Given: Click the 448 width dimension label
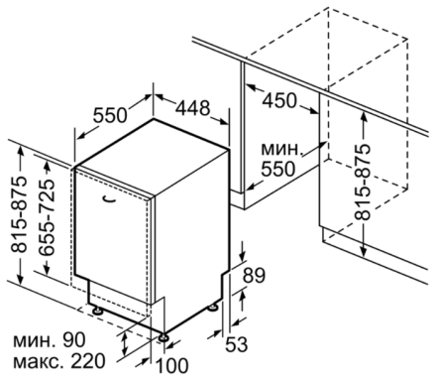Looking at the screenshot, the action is [192, 108].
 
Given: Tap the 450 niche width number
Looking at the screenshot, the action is [279, 100].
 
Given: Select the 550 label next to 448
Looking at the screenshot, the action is [110, 115].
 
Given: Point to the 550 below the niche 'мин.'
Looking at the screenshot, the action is [277, 170].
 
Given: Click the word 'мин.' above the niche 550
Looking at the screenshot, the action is [281, 150].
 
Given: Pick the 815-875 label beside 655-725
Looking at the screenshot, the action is [19, 214].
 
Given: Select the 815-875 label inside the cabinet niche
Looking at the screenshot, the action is [363, 183].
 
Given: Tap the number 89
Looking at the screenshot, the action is [254, 276].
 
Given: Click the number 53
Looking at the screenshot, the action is [237, 344].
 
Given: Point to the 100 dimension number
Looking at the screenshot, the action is [171, 366].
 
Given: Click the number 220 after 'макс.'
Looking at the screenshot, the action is [88, 362].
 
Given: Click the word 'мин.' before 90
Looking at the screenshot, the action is [34, 341].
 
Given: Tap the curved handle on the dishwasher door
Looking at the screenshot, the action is [109, 199].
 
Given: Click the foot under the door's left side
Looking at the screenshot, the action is [97, 311].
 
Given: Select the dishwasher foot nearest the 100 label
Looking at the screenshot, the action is [163, 337].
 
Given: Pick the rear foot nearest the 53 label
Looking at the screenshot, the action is [212, 308].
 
